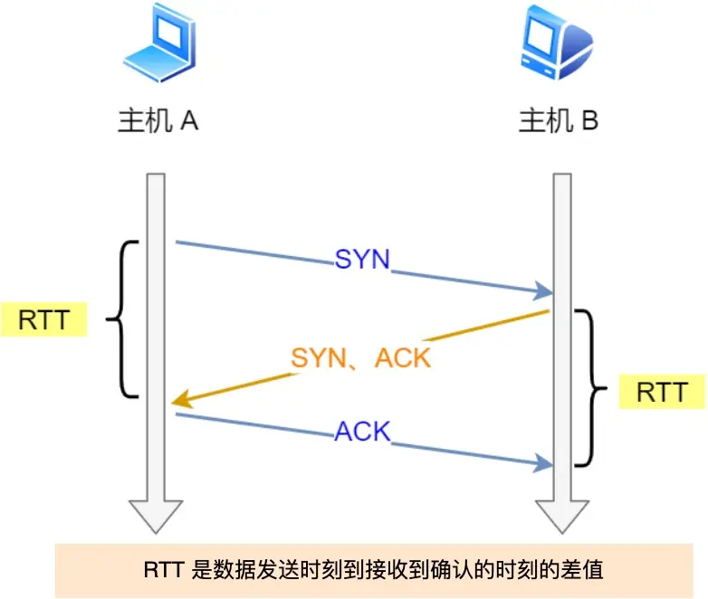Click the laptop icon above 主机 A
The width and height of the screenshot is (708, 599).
[158, 50]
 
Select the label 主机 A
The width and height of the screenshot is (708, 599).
[158, 122]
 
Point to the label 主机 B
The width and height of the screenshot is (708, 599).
[558, 122]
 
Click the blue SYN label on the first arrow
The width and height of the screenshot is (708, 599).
[362, 260]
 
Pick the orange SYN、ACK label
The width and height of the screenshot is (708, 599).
[361, 357]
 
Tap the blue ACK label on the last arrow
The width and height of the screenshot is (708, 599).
[362, 432]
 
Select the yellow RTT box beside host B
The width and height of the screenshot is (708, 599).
[662, 393]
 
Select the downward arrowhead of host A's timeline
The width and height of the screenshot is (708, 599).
[156, 518]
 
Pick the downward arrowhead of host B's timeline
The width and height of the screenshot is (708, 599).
[561, 518]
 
